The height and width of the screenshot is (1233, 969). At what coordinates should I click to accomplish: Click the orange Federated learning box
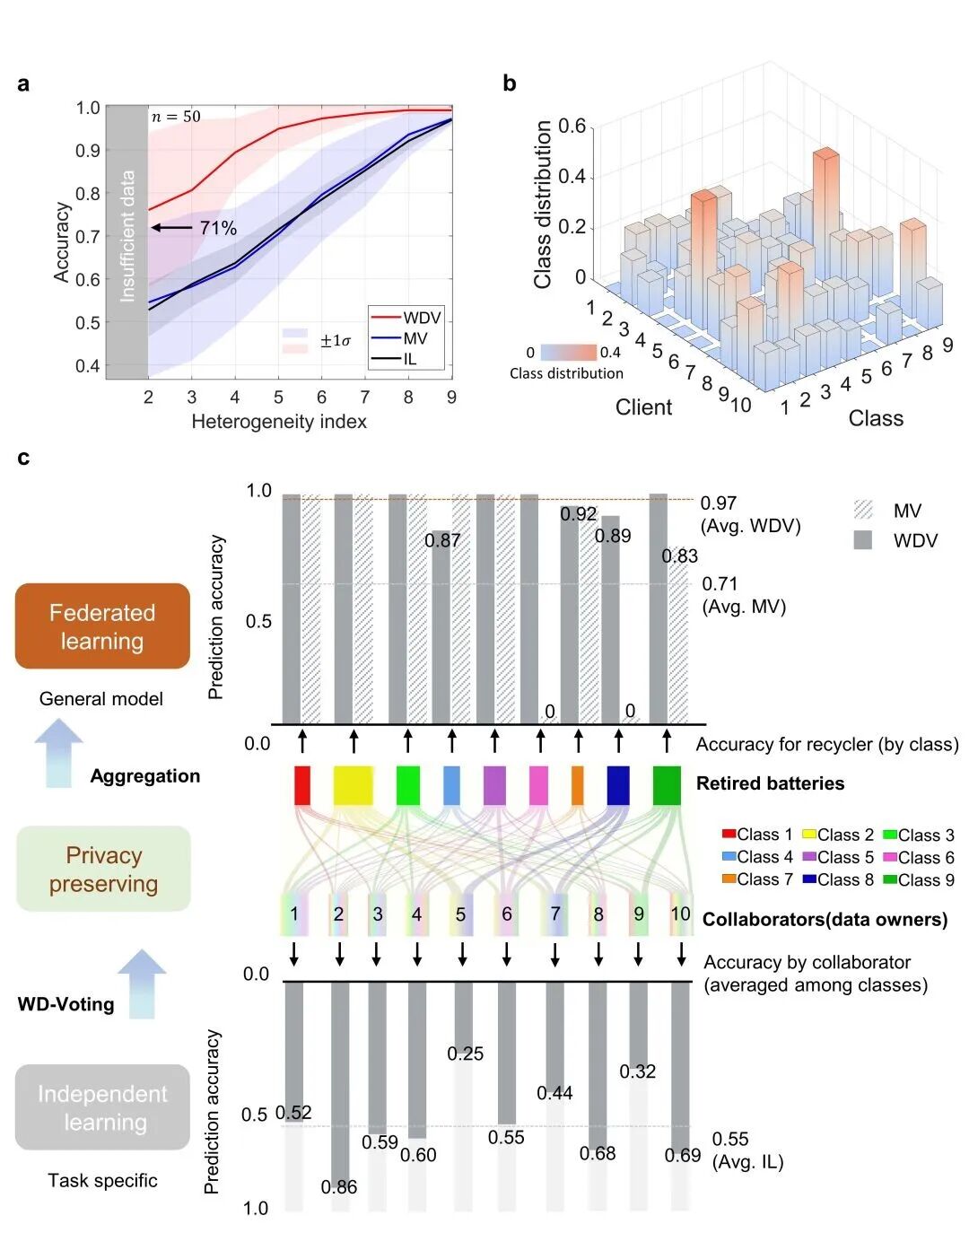102,626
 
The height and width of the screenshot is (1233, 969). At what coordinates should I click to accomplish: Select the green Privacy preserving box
103,869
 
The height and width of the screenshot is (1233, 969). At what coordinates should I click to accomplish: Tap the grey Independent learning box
102,1107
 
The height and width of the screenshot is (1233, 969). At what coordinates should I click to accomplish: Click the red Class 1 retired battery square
302,785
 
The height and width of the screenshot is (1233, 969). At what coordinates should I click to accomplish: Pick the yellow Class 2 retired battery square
353,785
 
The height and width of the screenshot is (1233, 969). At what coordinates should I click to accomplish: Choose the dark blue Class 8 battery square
618,785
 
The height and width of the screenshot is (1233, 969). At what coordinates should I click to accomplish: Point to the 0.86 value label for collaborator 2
339,1186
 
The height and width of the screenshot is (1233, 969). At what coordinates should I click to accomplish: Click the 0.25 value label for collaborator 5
465,1054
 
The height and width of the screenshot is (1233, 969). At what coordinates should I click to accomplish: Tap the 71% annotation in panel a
218,228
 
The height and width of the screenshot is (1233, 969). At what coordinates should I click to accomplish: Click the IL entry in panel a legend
409,359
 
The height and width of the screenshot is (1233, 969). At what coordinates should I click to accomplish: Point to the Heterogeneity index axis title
279,422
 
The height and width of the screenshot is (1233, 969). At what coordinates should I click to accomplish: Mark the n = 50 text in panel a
176,117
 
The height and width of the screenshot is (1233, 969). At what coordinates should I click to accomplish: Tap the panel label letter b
509,83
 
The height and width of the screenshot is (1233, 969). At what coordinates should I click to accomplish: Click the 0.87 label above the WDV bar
442,540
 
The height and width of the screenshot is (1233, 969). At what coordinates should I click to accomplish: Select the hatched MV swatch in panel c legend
863,511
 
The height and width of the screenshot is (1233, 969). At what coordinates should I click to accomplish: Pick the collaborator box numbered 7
555,914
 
